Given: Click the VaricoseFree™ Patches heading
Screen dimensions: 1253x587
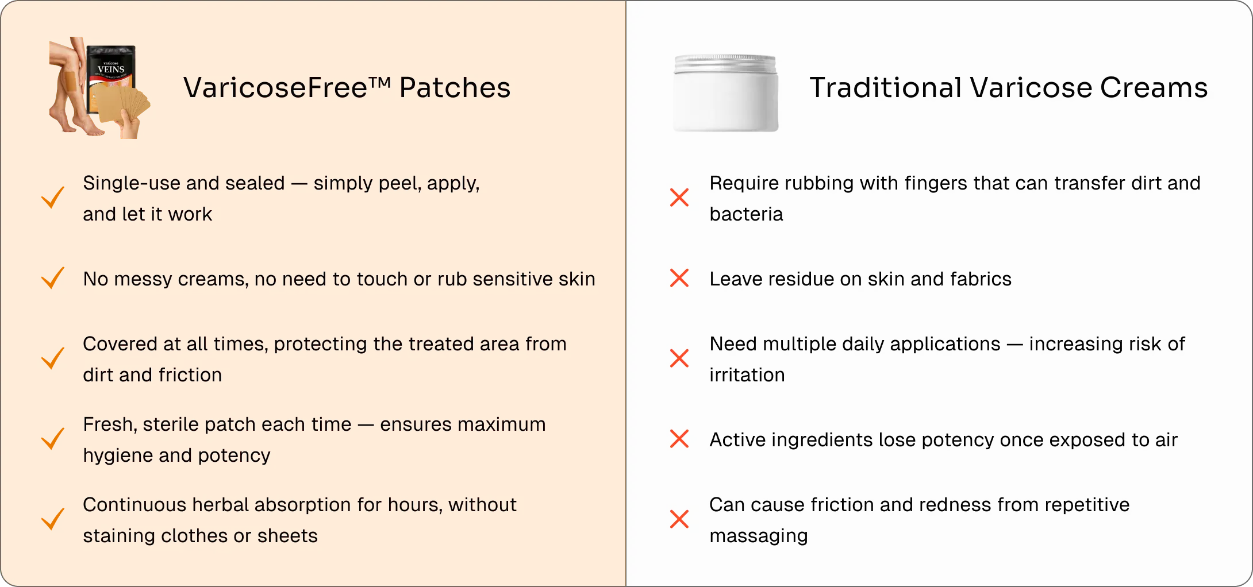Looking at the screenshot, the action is click(347, 88).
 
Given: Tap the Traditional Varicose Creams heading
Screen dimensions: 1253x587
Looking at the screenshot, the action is click(1008, 88).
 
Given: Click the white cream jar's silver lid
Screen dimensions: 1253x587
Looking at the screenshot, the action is click(726, 64).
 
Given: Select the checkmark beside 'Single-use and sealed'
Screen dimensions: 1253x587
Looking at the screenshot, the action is click(53, 198).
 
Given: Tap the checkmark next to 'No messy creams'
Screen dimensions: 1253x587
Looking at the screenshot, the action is click(53, 278).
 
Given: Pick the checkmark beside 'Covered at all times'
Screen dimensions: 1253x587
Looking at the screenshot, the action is click(53, 358).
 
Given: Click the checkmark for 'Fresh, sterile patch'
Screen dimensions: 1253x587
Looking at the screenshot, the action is click(53, 439).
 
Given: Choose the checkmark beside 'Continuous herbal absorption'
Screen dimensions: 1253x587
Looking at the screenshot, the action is click(53, 519).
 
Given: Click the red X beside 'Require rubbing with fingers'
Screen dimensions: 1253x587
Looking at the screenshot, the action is click(679, 198).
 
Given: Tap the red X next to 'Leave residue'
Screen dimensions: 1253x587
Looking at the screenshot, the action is click(679, 278).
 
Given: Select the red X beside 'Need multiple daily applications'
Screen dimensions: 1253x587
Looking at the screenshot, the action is click(679, 358).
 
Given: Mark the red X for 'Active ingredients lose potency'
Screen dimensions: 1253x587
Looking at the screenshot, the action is click(679, 439).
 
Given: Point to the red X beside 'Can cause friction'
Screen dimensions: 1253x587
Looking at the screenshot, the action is click(679, 519).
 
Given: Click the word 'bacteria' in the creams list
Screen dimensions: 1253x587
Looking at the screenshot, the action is click(746, 214).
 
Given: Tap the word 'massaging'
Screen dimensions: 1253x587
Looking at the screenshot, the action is click(759, 536).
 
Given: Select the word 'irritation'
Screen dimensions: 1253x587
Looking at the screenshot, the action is click(747, 374).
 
